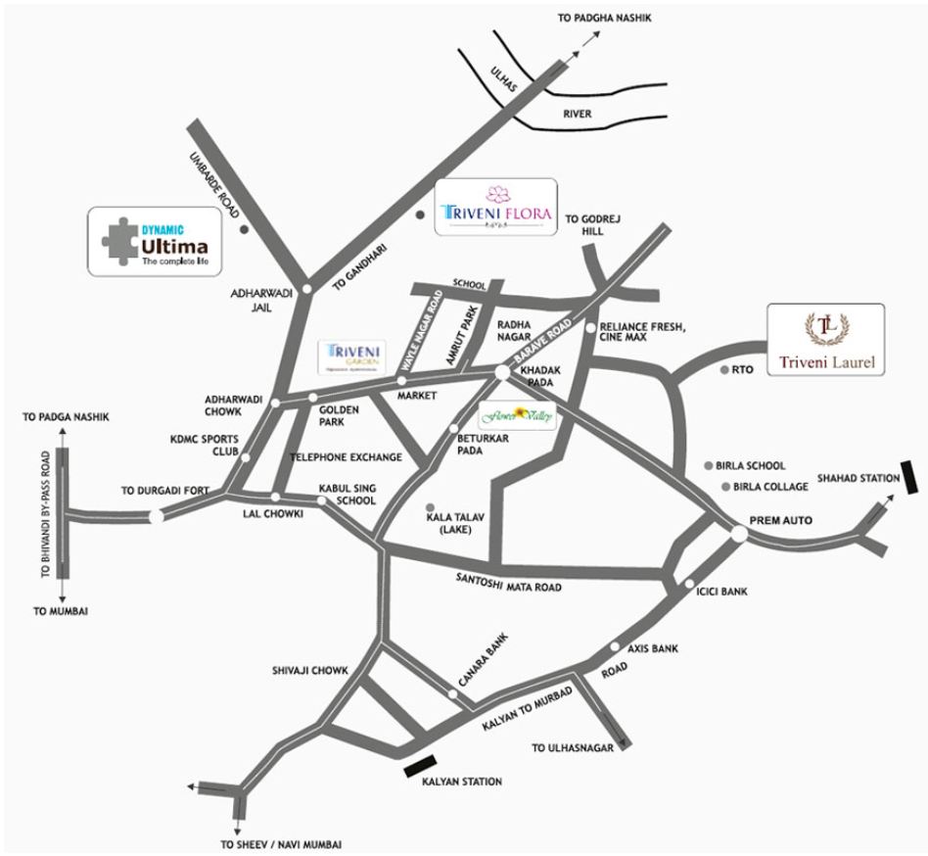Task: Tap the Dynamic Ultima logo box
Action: tap(154, 240)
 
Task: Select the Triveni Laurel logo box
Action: tap(825, 340)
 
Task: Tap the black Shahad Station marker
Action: tap(909, 479)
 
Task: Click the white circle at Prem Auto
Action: tap(738, 533)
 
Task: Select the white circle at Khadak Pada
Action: tap(501, 373)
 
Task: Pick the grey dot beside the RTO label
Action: tap(723, 370)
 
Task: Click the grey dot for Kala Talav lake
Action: tap(430, 506)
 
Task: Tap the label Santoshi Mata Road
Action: tap(510, 583)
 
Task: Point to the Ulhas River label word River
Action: tap(577, 115)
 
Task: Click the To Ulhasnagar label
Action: tap(572, 747)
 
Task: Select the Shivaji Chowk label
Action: tap(310, 671)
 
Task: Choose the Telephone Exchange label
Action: tap(346, 457)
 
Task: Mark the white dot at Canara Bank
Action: tap(452, 693)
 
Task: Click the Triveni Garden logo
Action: tap(354, 357)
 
